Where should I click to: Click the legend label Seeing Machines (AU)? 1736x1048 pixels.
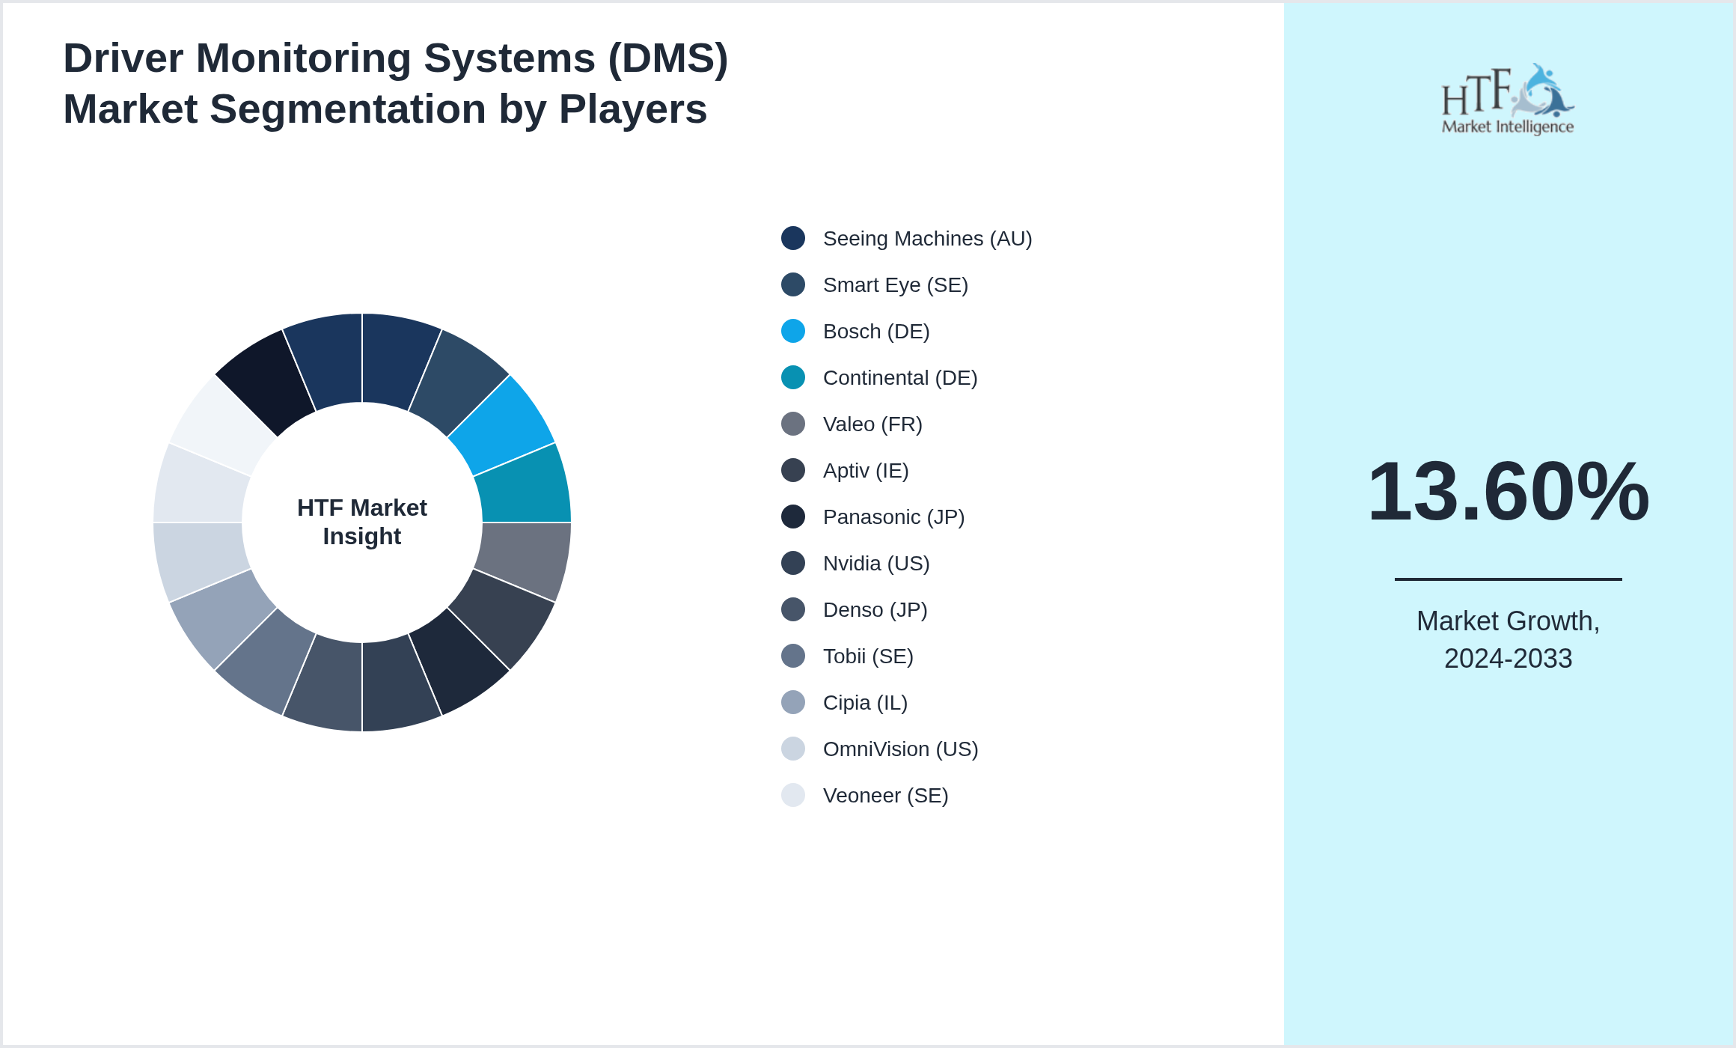(927, 239)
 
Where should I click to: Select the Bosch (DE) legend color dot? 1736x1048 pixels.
(793, 331)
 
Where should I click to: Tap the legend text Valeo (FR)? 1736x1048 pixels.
(872, 424)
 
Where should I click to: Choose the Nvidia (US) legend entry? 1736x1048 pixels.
(876, 564)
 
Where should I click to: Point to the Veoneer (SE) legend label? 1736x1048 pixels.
(885, 796)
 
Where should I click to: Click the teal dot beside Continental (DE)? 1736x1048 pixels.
(793, 377)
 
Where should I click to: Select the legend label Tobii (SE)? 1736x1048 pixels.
(868, 656)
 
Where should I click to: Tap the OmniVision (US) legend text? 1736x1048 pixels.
(900, 749)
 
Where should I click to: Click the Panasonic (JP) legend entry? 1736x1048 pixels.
(893, 517)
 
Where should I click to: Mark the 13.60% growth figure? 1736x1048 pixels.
(1508, 492)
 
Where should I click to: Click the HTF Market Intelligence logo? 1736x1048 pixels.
(1508, 100)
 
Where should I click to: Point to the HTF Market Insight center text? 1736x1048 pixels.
(362, 522)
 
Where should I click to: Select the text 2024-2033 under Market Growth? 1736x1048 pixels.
(1508, 659)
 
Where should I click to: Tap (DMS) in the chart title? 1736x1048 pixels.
(667, 58)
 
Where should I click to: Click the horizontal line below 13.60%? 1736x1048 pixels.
(1508, 579)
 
